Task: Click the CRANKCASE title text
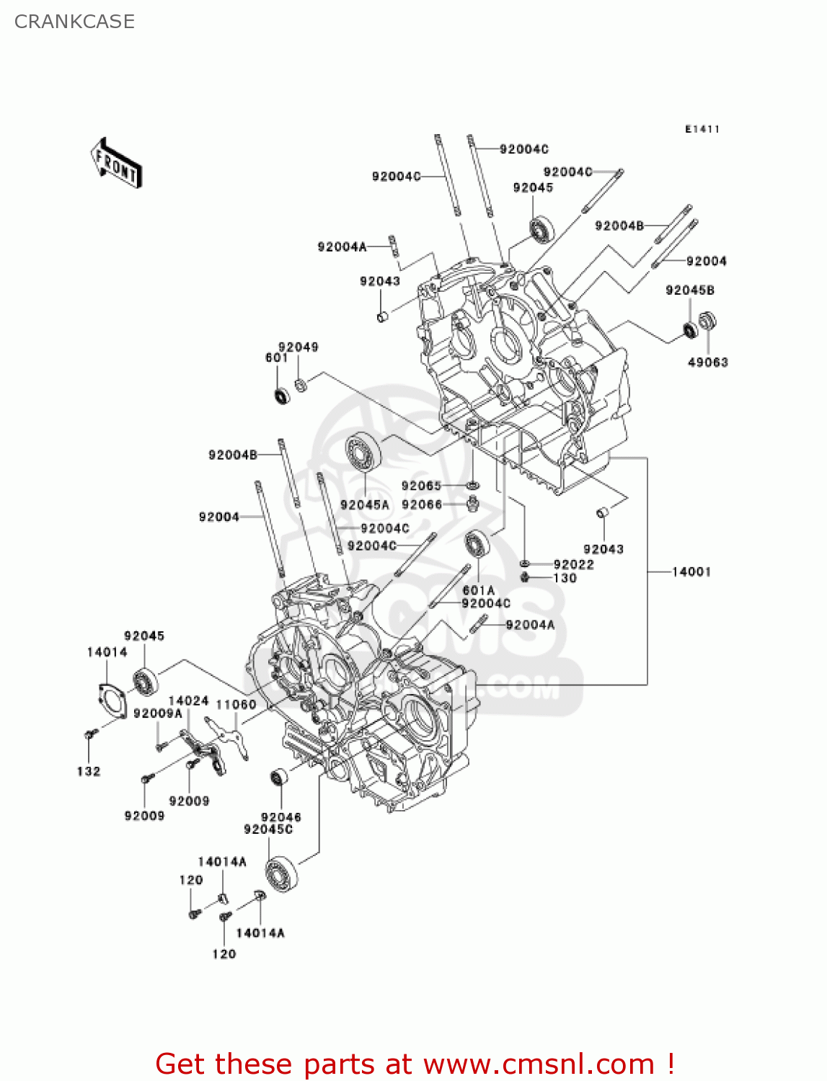click(74, 22)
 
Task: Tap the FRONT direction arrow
click(116, 164)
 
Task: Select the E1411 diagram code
click(702, 129)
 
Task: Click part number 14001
click(691, 571)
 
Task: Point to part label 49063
click(707, 362)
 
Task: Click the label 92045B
click(689, 290)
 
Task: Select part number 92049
click(298, 347)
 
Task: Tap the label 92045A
click(364, 505)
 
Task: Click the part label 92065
click(421, 486)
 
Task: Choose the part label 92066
click(421, 504)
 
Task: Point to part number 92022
click(573, 564)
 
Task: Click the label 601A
click(478, 590)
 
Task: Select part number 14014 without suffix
click(107, 652)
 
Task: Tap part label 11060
click(236, 704)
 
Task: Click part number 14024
click(188, 700)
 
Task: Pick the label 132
click(88, 771)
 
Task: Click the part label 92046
click(280, 817)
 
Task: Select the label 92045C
click(268, 829)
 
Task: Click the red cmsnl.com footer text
click(415, 1064)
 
